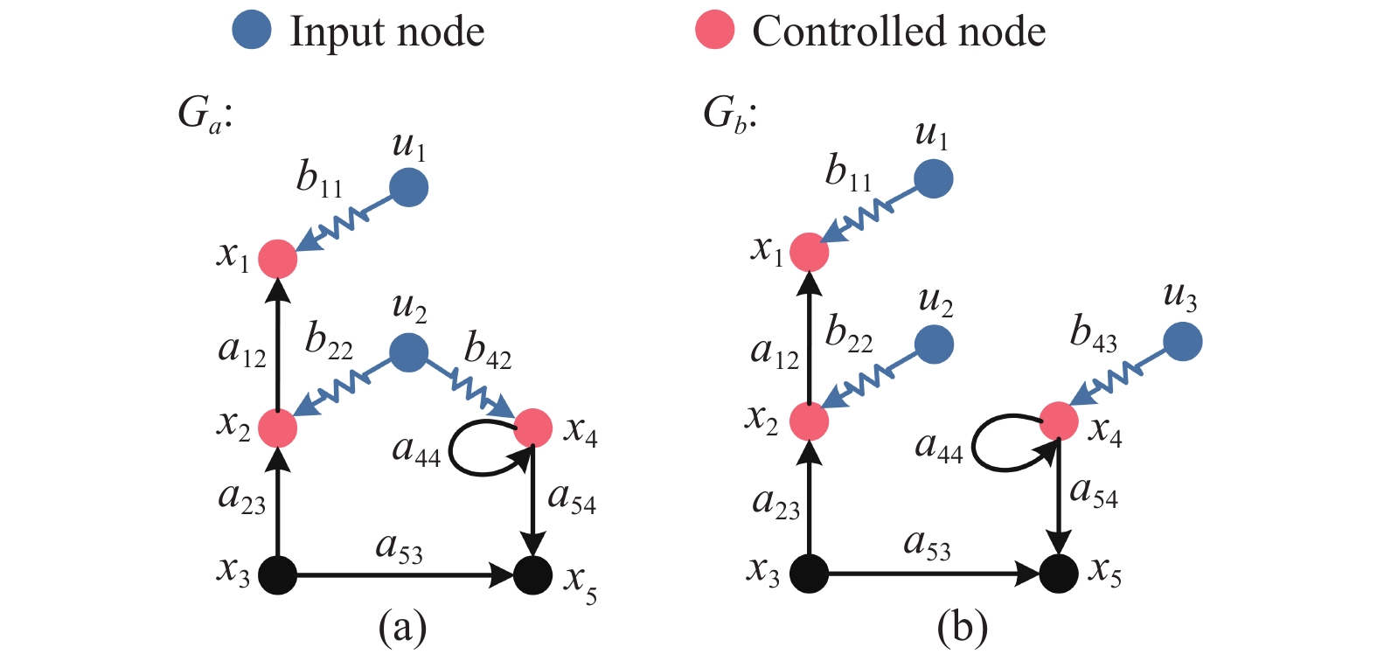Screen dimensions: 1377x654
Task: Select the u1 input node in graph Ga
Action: (x=409, y=187)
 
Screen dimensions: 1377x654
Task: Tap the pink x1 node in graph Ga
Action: (x=277, y=260)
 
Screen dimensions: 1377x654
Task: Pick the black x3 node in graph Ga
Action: (x=277, y=575)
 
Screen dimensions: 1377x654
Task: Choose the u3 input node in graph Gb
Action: (x=1182, y=341)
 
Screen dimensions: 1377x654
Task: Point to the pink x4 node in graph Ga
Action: (x=533, y=428)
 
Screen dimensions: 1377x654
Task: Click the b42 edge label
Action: (x=488, y=351)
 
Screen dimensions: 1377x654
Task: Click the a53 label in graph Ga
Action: (x=400, y=549)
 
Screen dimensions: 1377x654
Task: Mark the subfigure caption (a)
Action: (x=403, y=628)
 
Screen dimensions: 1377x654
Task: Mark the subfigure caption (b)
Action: (x=963, y=628)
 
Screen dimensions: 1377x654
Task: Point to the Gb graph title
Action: (x=730, y=115)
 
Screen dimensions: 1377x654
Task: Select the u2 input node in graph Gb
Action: (x=934, y=344)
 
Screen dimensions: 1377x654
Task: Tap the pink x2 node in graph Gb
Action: (x=809, y=422)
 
